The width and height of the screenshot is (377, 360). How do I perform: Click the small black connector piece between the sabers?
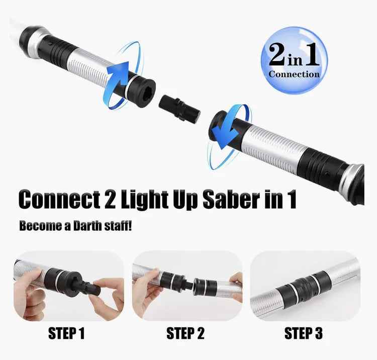click(179, 108)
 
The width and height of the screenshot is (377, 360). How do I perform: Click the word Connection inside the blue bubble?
click(294, 74)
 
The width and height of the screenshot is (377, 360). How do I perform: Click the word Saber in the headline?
click(229, 200)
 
